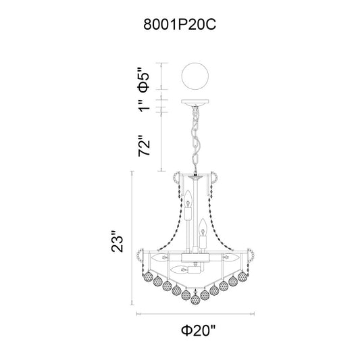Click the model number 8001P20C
pos(180,24)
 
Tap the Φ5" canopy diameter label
pos(143,80)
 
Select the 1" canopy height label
pos(144,106)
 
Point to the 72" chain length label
pos(144,146)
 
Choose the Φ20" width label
pos(199,330)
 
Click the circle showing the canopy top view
pos(195,76)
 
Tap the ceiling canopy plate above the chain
pos(195,103)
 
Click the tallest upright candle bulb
pos(188,199)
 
